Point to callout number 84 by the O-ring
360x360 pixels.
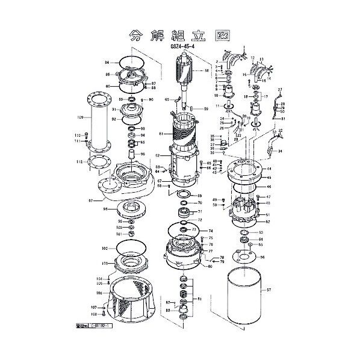(107, 63)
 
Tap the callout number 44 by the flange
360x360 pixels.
(270, 168)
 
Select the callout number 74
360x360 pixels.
(210, 231)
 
